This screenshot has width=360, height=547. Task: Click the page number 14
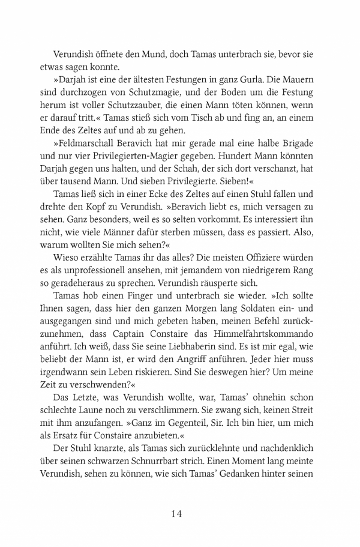pyautogui.click(x=180, y=513)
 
